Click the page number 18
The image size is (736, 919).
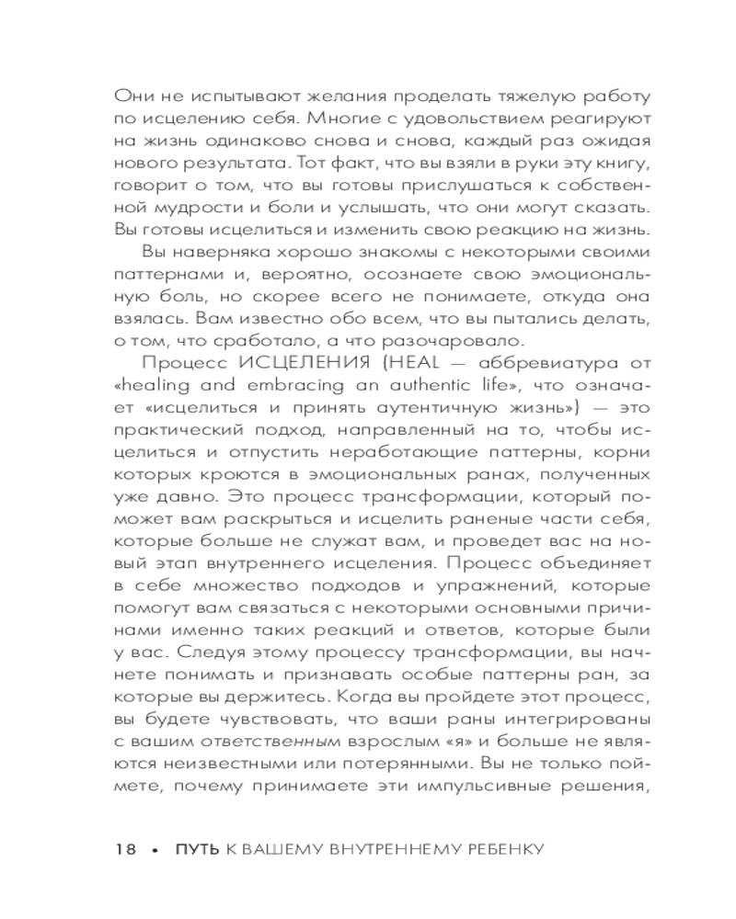(125, 849)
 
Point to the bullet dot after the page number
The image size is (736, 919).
(155, 850)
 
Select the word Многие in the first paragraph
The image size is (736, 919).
(352, 119)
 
